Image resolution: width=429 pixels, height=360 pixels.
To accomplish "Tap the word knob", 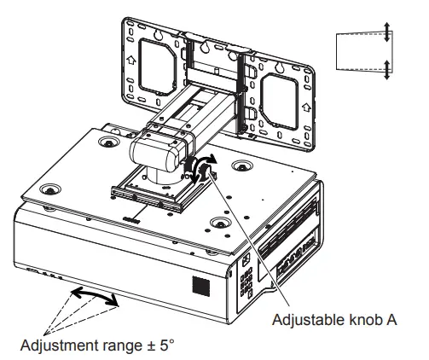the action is coord(364,319).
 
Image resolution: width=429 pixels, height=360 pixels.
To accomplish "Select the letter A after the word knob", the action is coord(391,319).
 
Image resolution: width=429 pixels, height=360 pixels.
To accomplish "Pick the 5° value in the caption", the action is coord(166,345).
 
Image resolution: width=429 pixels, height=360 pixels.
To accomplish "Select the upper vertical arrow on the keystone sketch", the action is coord(386,32).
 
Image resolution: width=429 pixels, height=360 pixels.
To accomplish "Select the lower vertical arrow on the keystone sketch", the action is coord(386,70).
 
